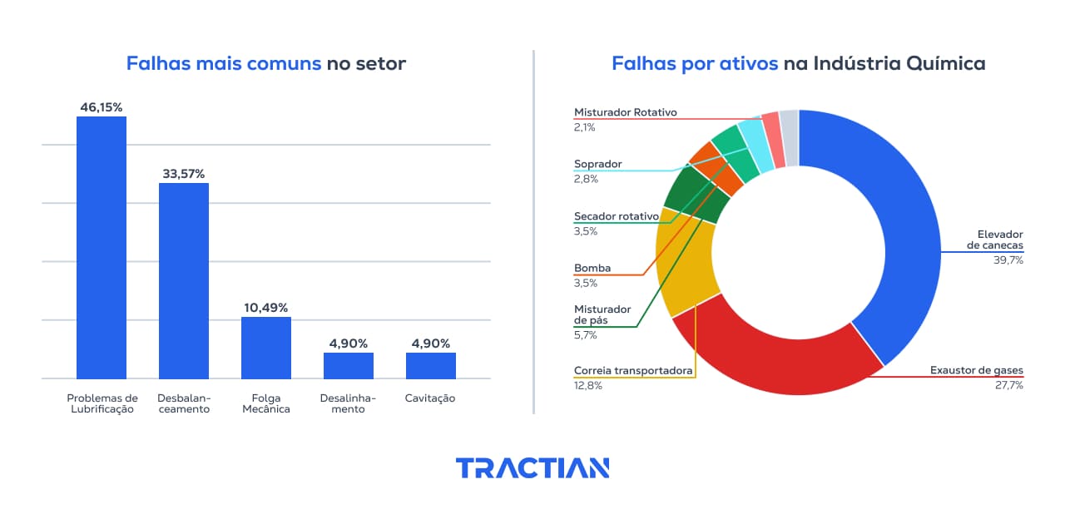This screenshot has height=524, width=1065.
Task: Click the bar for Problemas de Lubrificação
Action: pyautogui.click(x=102, y=248)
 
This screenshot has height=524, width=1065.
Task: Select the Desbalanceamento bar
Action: pyautogui.click(x=184, y=281)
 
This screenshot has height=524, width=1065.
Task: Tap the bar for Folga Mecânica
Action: pyautogui.click(x=266, y=348)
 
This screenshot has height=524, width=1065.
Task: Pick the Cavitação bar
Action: pyautogui.click(x=431, y=366)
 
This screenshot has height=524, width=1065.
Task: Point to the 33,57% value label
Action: pyautogui.click(x=184, y=174)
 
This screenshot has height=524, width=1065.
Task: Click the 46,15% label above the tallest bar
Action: pyautogui.click(x=102, y=107)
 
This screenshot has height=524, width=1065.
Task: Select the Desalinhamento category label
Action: pyautogui.click(x=348, y=403)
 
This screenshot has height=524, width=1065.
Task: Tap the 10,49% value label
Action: pyautogui.click(x=266, y=308)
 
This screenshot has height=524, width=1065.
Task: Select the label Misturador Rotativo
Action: pyautogui.click(x=626, y=112)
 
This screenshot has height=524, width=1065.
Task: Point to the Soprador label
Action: pyautogui.click(x=598, y=164)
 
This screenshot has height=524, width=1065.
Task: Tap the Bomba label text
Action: pyautogui.click(x=592, y=269)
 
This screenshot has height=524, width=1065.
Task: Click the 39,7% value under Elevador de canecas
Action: pyautogui.click(x=1008, y=260)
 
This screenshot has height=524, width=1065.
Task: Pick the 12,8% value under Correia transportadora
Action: pyautogui.click(x=588, y=385)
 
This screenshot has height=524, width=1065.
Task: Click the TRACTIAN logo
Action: pyautogui.click(x=532, y=468)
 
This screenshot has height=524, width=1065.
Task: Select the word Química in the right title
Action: pyautogui.click(x=945, y=64)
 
